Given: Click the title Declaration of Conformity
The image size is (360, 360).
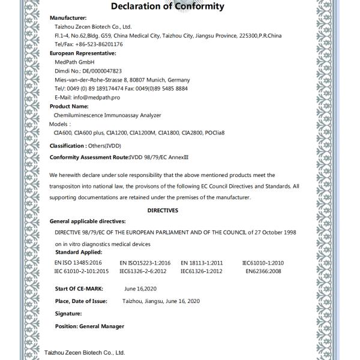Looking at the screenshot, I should tap(167, 7).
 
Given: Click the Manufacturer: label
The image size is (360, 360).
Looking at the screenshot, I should tap(68, 19).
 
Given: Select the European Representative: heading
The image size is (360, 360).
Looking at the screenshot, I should tap(82, 53).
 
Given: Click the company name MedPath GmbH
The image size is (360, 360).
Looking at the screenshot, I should tap(74, 62).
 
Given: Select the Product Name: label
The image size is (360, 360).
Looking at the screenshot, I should tap(69, 106).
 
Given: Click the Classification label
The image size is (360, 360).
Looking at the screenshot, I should tap(67, 145).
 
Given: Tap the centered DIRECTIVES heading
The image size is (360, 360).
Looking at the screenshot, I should tap(163, 210).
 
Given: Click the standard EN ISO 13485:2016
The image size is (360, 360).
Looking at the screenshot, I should tap(78, 263).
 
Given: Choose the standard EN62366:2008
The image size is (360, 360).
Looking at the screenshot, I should tap(263, 271).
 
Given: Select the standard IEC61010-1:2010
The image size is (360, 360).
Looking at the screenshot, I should tap(263, 263).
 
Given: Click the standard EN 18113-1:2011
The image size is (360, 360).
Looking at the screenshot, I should tap(202, 263).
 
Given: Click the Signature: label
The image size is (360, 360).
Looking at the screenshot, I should tap(68, 313).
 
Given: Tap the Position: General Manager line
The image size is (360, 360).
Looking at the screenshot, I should tap(89, 326).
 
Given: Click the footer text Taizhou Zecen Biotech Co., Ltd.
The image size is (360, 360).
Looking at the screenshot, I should tap(85, 352).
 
